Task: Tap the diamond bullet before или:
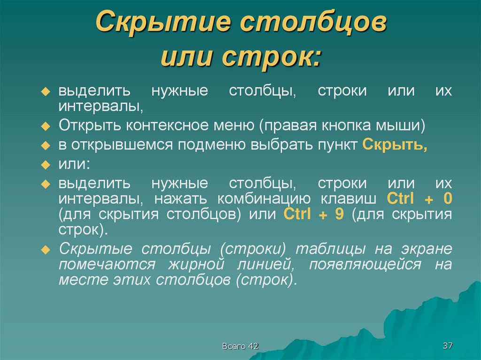46,165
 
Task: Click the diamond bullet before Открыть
46,126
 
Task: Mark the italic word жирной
195,265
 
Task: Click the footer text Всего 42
240,346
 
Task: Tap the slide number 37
447,346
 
